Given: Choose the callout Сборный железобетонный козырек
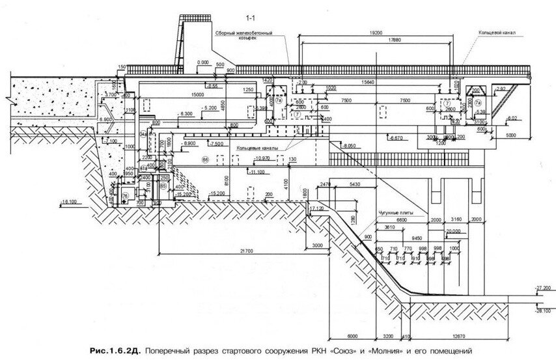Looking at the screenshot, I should (243, 36).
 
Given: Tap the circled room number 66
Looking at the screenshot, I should (206, 159).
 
